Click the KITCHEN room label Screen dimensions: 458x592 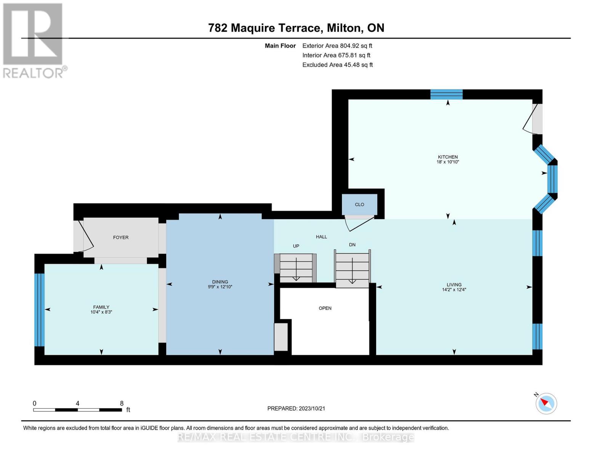tap(448, 157)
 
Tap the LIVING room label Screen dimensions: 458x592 tap(454, 285)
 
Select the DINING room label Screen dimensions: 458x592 tap(220, 282)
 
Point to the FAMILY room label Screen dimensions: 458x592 tap(101, 307)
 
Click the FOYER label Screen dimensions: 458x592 tap(120, 237)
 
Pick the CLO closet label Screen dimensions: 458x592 tap(359, 205)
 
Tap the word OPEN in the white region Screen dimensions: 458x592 tap(325, 308)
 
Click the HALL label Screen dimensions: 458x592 tap(321, 237)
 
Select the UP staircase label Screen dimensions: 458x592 tap(296, 246)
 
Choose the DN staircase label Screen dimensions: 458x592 tap(352, 245)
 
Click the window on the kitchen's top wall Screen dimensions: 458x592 tap(446, 94)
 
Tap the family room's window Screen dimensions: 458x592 tap(40, 310)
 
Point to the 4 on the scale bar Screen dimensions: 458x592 tap(77, 403)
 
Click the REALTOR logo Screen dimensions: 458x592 tap(34, 40)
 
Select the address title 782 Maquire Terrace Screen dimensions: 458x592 tap(296, 28)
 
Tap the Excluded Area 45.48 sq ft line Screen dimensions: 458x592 tap(337, 65)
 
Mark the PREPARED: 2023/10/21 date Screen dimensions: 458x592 tap(296, 408)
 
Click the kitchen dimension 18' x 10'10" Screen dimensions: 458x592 tap(448, 162)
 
